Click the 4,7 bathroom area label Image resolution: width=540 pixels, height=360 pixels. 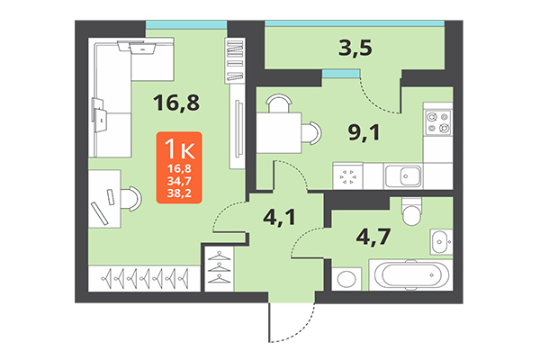(x=376, y=238)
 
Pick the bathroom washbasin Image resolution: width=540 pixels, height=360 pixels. (x=441, y=241)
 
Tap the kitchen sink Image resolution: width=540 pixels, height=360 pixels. (x=404, y=175)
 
